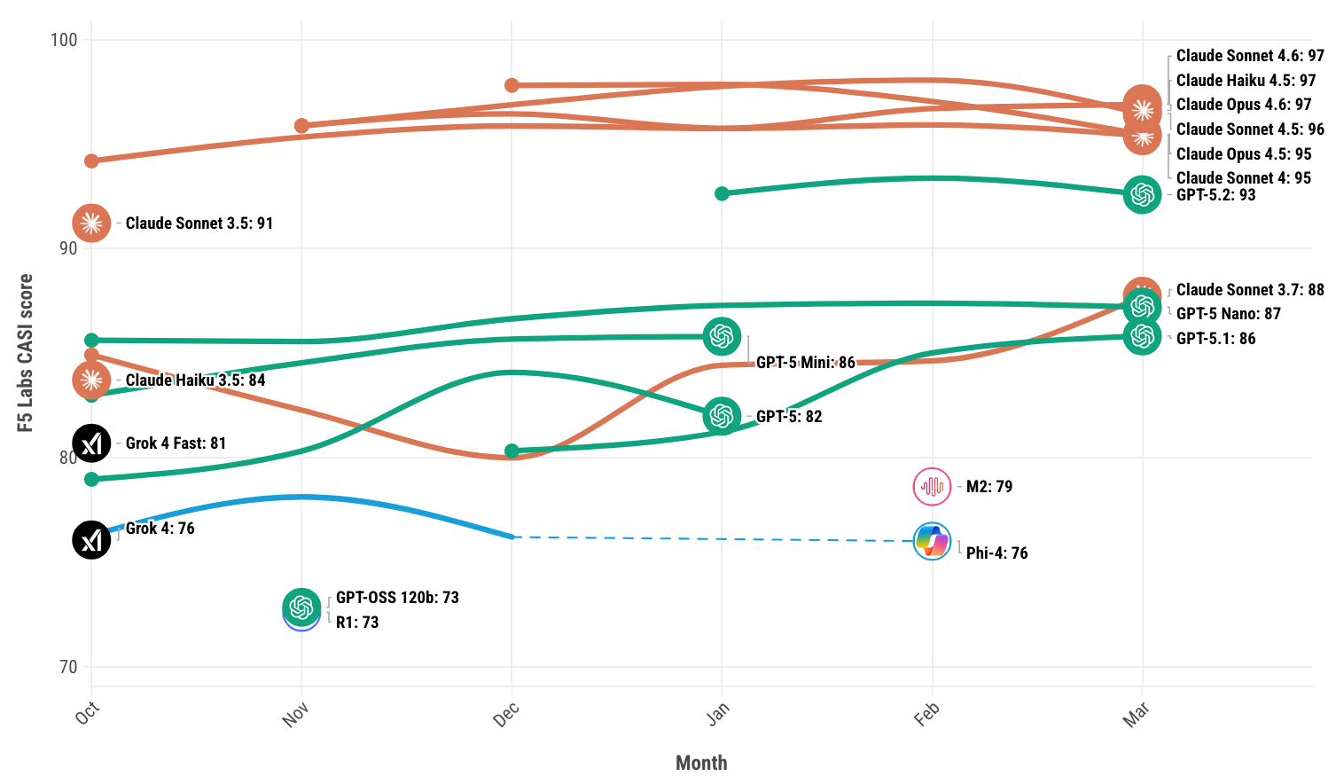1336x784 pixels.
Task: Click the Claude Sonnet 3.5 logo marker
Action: coord(91,223)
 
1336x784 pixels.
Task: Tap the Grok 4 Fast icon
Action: coord(91,443)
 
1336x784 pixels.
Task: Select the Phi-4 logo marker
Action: coord(932,541)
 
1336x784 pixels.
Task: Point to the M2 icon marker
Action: coord(932,486)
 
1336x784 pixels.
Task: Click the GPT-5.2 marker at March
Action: coord(1142,194)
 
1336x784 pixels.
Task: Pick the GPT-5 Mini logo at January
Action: coord(722,336)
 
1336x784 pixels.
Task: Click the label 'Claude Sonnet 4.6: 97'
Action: coord(1250,56)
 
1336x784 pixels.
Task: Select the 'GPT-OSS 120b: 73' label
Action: coord(397,598)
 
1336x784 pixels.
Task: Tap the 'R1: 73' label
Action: coord(357,623)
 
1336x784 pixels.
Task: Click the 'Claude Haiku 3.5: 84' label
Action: coord(195,380)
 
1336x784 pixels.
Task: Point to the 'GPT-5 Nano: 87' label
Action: coord(1228,314)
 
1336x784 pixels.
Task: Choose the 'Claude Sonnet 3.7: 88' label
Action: coord(1250,290)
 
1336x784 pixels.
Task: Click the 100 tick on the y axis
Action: coord(64,40)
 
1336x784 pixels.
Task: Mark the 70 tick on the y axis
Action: coord(68,667)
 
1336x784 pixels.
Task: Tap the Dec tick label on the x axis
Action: coord(506,715)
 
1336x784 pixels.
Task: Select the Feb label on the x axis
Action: coord(926,715)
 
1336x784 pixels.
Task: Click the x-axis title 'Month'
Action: coord(701,763)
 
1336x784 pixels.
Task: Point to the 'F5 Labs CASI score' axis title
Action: coord(26,353)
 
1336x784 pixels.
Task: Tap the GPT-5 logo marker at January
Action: coord(722,416)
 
